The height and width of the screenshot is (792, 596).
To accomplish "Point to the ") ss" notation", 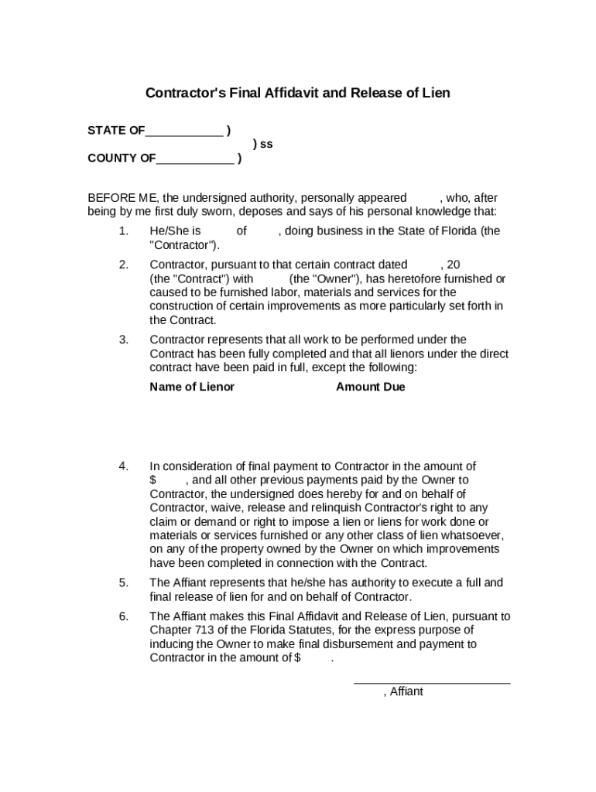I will click(x=262, y=145).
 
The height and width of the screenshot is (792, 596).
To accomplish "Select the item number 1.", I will click(x=124, y=231).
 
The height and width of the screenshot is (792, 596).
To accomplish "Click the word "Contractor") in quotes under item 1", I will click(x=184, y=245).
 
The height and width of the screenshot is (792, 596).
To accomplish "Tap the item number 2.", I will click(x=124, y=265).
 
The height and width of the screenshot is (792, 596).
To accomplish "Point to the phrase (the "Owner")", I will click(x=323, y=278).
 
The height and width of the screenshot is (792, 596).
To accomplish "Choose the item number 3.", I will click(x=124, y=340).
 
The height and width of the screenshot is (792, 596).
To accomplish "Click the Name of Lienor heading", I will click(x=192, y=387).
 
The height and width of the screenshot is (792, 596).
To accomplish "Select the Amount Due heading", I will click(x=370, y=387).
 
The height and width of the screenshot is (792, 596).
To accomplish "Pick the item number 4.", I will click(x=124, y=466).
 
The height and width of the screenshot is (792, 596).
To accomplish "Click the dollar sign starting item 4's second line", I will click(x=153, y=480).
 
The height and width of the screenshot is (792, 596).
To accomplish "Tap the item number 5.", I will click(x=124, y=582).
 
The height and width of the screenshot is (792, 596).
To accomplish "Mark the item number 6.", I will click(x=124, y=616).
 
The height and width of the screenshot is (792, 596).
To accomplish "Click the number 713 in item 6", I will click(x=202, y=630).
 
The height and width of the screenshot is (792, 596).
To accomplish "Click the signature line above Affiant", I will click(x=432, y=683).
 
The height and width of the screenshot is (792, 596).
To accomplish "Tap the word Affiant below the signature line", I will click(x=406, y=692).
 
